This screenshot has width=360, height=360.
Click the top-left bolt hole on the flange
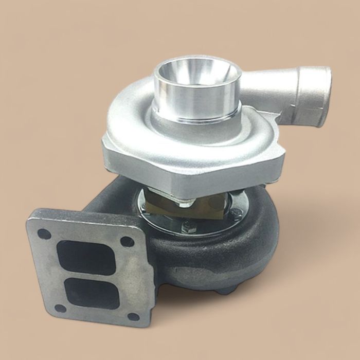click(45, 233)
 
